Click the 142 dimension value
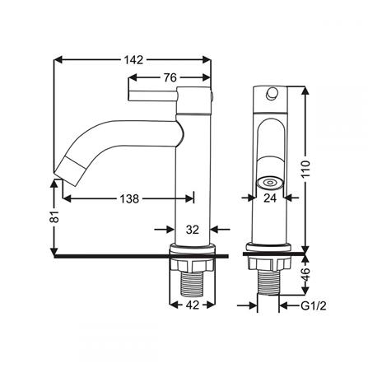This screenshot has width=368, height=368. click(x=133, y=59)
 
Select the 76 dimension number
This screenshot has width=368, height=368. click(x=170, y=77)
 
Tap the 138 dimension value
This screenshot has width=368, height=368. click(x=129, y=198)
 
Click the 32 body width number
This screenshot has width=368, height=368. click(x=193, y=229)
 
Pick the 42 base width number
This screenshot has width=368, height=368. click(x=193, y=305)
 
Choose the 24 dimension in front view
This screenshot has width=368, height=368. click(x=270, y=198)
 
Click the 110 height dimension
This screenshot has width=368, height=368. click(x=305, y=169)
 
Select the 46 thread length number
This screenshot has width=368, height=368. click(x=306, y=274)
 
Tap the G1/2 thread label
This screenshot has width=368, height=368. click(x=314, y=305)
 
